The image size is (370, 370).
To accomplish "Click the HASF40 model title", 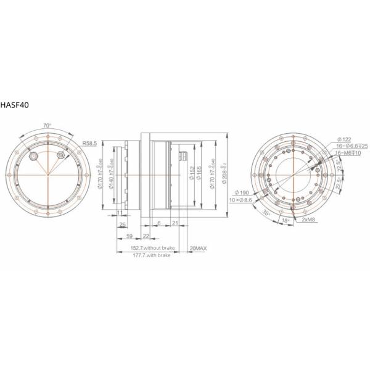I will click(14, 105).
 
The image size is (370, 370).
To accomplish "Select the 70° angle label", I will click(47, 126).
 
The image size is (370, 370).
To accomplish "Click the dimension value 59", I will click(129, 236).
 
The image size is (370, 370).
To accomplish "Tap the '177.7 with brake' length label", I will click(150, 254).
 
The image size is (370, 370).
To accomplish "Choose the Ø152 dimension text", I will click(192, 174).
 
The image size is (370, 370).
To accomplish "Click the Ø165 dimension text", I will click(200, 174).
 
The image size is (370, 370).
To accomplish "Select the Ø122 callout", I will click(343, 139).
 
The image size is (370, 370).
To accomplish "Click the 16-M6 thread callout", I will click(347, 152).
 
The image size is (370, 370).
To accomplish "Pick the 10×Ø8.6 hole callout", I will click(240, 200).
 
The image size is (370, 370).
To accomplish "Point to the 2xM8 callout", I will click(308, 220).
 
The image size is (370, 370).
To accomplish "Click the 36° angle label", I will click(267, 213).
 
